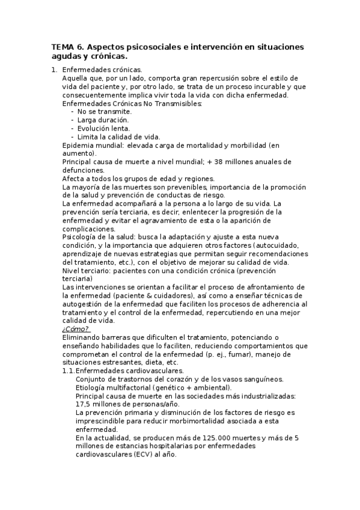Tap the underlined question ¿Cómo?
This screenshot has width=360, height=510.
75,329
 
